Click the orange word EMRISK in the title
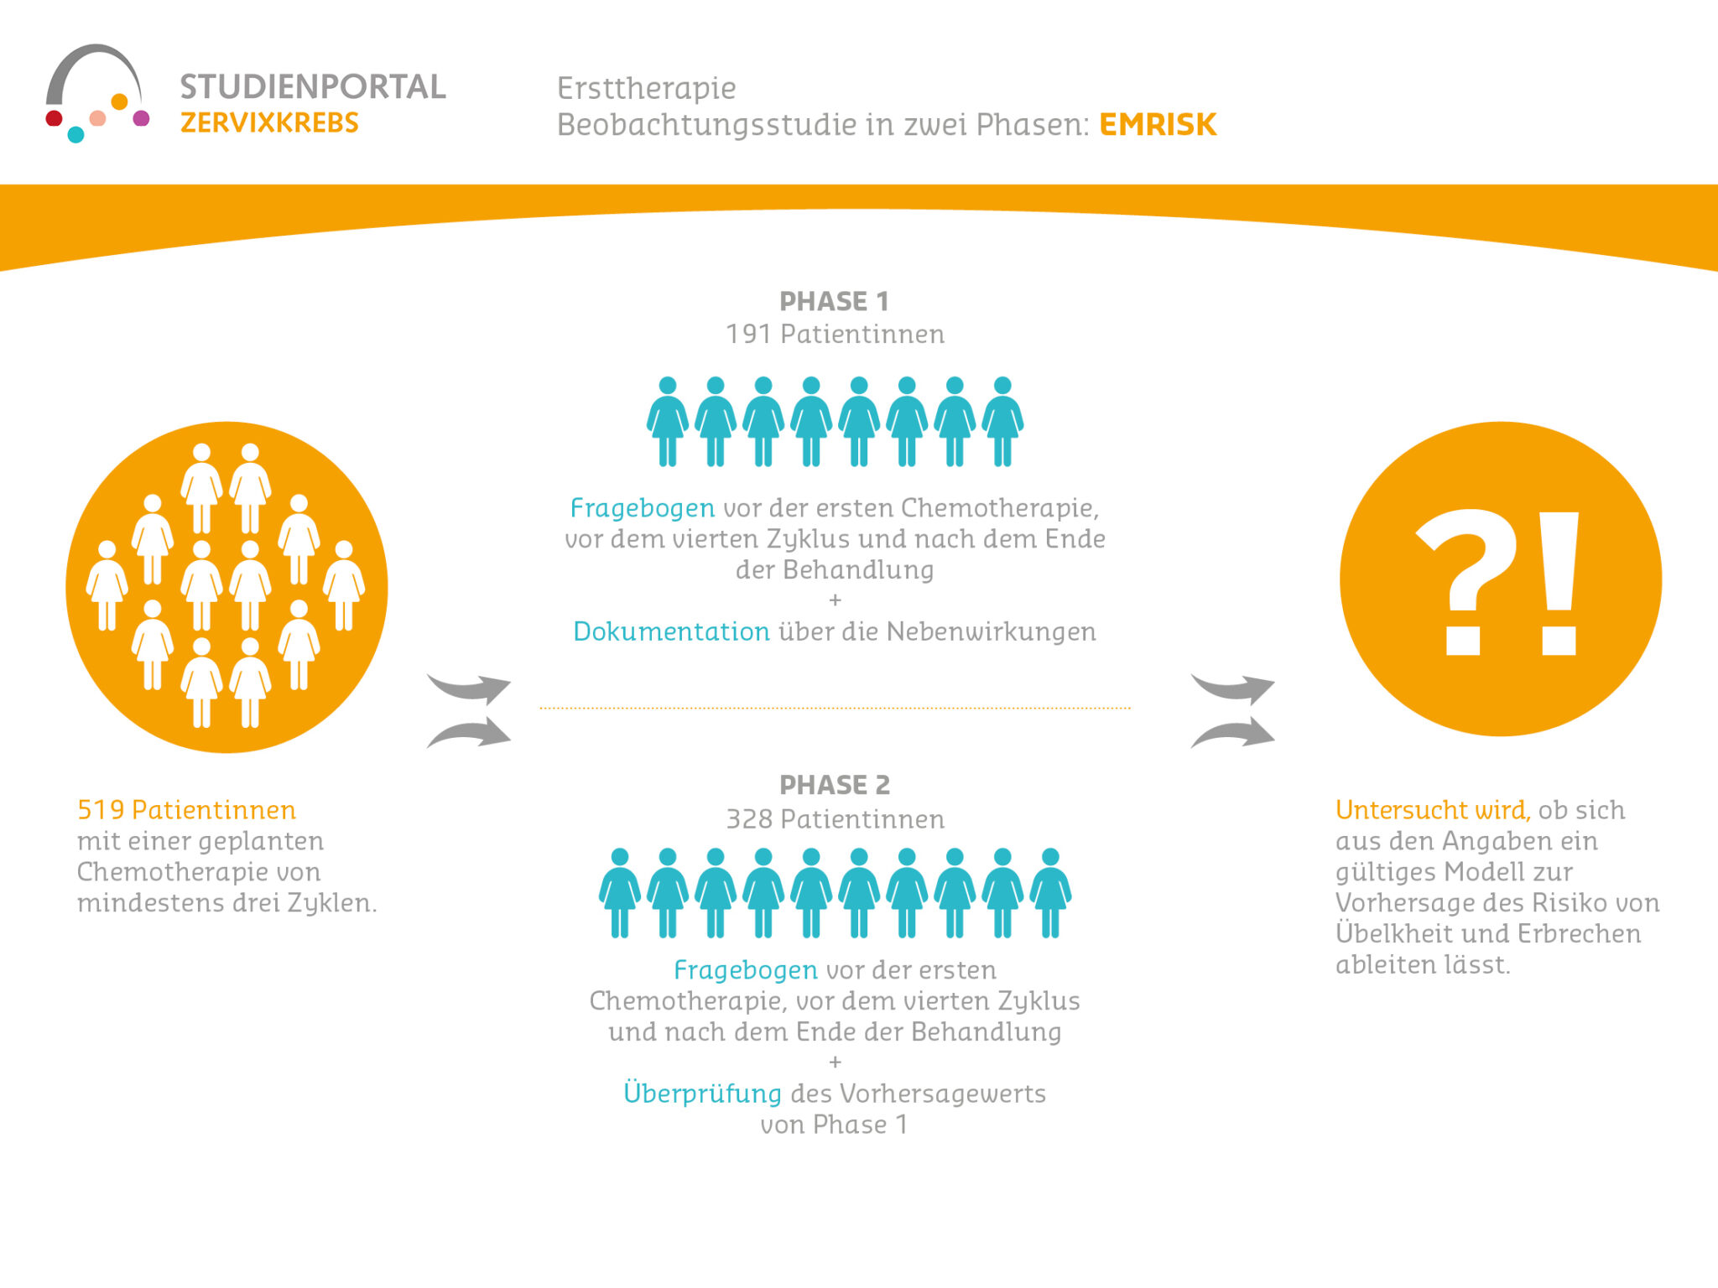(x=1157, y=124)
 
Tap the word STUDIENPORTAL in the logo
(x=312, y=87)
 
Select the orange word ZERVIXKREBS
(x=269, y=123)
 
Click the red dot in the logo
(x=55, y=118)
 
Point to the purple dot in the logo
(x=142, y=118)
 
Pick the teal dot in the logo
(x=75, y=134)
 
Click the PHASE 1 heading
(x=834, y=301)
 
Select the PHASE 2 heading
(x=834, y=785)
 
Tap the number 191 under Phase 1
(x=748, y=335)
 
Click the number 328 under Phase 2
(x=748, y=819)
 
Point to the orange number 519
(x=101, y=810)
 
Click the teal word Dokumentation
(x=671, y=631)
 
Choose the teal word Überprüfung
(x=702, y=1093)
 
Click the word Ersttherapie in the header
(x=646, y=88)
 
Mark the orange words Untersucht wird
(x=1433, y=810)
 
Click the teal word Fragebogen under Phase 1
(x=643, y=508)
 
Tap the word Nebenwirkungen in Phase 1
(x=991, y=631)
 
